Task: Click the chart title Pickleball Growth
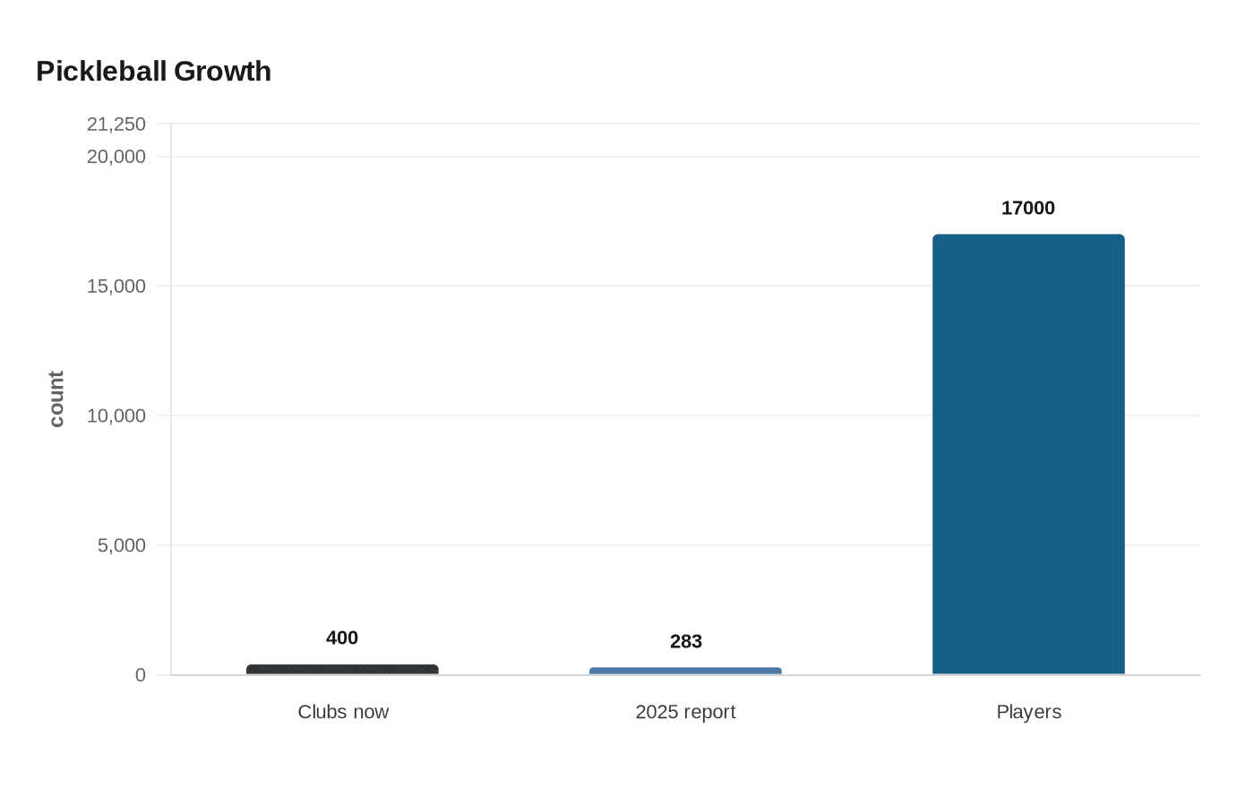click(153, 72)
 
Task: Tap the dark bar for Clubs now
click(342, 670)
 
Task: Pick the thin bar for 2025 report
click(685, 671)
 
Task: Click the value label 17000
click(1028, 208)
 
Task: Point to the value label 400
click(342, 638)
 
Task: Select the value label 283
click(686, 641)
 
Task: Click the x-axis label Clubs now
click(343, 712)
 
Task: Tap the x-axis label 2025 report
click(685, 712)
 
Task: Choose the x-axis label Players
click(1028, 712)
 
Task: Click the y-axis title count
click(56, 399)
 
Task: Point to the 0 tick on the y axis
click(141, 675)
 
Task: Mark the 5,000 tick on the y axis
click(122, 545)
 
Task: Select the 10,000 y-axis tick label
click(116, 415)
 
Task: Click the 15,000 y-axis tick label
click(116, 287)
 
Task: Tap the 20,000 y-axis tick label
click(116, 157)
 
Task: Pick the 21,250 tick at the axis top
click(116, 124)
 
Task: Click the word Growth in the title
click(222, 72)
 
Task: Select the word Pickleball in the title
click(102, 72)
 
